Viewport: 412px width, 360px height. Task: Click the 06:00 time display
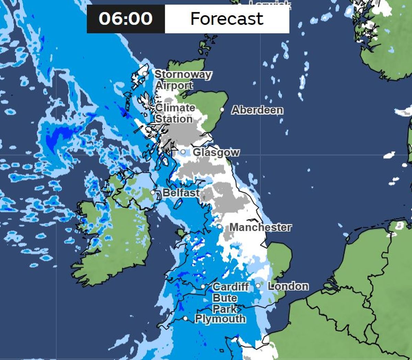[126, 19]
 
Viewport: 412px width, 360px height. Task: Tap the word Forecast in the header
[227, 19]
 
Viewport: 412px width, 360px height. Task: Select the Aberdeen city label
[257, 110]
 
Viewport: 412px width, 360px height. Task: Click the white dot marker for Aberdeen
[222, 110]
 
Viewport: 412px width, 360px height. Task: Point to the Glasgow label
[216, 152]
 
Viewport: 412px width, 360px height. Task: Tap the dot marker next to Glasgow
[183, 152]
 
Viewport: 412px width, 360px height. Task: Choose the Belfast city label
[181, 193]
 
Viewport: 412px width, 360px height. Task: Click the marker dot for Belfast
[153, 193]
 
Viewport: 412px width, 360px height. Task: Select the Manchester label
[261, 227]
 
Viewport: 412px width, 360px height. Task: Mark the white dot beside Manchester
[219, 227]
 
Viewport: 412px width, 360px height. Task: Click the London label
[288, 286]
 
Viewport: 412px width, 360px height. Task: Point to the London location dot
[258, 286]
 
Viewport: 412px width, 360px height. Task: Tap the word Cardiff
[230, 287]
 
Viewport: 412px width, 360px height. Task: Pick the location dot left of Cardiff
[203, 286]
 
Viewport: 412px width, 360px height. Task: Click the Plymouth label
[220, 319]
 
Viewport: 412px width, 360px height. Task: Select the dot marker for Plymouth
[185, 318]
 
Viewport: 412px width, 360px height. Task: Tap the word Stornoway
[183, 74]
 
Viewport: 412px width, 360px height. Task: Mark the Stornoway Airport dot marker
[145, 73]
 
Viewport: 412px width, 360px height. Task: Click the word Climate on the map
[175, 108]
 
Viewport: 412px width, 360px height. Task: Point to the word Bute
[225, 298]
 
